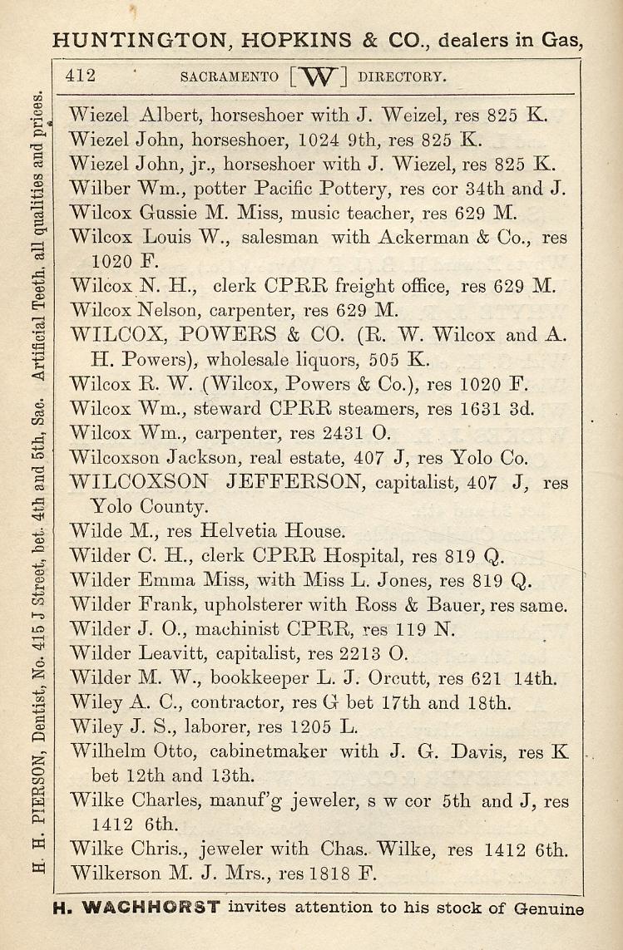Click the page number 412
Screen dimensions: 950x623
pyautogui.click(x=81, y=76)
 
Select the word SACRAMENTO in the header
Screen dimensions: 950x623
pyautogui.click(x=229, y=77)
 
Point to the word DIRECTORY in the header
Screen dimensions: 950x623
pyautogui.click(x=402, y=77)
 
